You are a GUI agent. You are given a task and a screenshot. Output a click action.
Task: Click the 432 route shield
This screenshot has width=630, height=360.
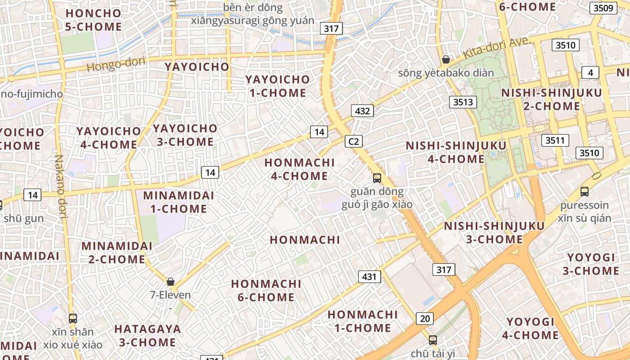tap(362, 111)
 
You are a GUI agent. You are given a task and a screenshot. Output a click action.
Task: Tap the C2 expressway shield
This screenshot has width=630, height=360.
tap(354, 141)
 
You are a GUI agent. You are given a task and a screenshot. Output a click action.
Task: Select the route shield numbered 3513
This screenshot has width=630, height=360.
tap(463, 102)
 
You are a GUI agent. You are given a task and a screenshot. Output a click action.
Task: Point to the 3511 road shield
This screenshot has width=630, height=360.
tap(555, 140)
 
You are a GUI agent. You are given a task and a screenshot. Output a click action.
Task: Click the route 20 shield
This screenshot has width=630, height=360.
tap(425, 319)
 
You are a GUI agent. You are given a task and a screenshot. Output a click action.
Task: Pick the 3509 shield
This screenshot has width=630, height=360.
tap(603, 8)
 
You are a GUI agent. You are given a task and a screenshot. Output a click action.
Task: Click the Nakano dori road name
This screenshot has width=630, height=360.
tap(60, 187)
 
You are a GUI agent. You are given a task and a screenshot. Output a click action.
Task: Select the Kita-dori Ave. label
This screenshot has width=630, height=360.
tap(498, 49)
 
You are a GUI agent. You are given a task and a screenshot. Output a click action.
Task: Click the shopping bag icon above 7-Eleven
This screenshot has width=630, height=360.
tap(171, 282)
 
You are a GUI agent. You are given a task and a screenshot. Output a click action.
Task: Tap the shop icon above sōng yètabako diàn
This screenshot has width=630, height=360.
tap(446, 59)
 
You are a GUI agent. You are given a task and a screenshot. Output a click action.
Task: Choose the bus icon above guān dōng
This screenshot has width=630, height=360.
tap(377, 178)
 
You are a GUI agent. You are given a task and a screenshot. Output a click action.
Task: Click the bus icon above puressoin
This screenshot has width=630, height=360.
tap(585, 192)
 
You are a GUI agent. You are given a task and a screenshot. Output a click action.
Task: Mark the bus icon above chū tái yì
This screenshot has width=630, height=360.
tap(433, 340)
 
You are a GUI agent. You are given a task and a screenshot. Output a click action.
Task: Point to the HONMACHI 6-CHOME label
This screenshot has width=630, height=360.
tap(266, 290)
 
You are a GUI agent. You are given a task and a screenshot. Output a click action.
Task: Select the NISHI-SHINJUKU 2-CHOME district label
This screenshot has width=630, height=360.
tap(552, 99)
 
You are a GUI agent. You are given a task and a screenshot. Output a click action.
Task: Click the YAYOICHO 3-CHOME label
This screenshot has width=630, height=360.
tap(185, 135)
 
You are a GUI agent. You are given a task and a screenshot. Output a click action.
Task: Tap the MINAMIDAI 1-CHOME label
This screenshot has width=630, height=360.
tap(179, 202)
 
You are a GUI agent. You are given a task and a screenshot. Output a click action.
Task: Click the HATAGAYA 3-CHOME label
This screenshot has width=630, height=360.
tap(148, 335)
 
